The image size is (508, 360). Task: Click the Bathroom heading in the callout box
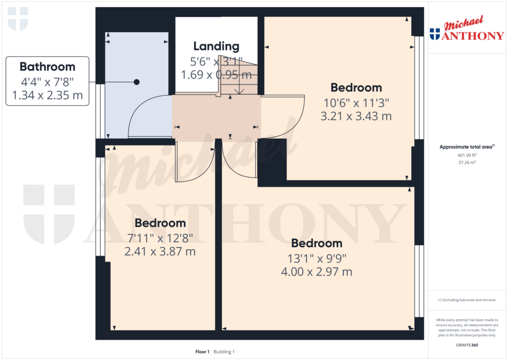[47, 67]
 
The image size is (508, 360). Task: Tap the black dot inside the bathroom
[137, 82]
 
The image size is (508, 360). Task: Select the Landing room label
[216, 46]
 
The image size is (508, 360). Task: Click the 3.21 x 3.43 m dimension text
[356, 116]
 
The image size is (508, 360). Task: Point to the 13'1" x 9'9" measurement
[317, 259]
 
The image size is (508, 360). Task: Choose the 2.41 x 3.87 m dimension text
[160, 251]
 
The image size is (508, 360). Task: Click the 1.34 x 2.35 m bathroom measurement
[47, 95]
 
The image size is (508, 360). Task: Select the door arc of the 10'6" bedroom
[297, 123]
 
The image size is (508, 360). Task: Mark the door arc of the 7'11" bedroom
[204, 170]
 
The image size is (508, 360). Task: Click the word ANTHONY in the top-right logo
[473, 35]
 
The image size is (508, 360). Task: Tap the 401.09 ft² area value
[467, 155]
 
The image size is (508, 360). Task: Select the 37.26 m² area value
[467, 162]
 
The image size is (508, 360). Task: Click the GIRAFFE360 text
[467, 345]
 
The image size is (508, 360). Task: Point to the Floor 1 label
[202, 352]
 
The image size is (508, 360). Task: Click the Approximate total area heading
[466, 147]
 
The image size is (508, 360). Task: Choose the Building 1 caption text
[224, 352]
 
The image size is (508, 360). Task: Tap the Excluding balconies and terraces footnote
[467, 300]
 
